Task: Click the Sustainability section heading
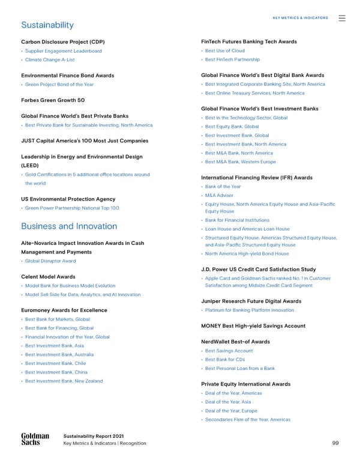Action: coord(47,25)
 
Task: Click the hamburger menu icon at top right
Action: coord(342,18)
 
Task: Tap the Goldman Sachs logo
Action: coord(35,439)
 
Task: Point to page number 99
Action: coord(335,443)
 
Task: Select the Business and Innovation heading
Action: coord(69,226)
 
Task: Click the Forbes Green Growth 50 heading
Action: coord(52,100)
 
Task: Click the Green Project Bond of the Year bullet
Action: coord(59,84)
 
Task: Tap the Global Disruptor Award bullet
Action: coord(50,261)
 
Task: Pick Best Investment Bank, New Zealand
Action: coord(64,381)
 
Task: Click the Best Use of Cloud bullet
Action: coord(225,51)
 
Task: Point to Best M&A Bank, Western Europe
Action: coord(241,162)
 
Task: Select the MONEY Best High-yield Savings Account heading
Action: coord(254,325)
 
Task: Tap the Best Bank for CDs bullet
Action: coord(227,360)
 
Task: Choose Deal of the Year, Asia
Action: coord(228,402)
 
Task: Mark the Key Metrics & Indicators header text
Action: coord(300,18)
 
